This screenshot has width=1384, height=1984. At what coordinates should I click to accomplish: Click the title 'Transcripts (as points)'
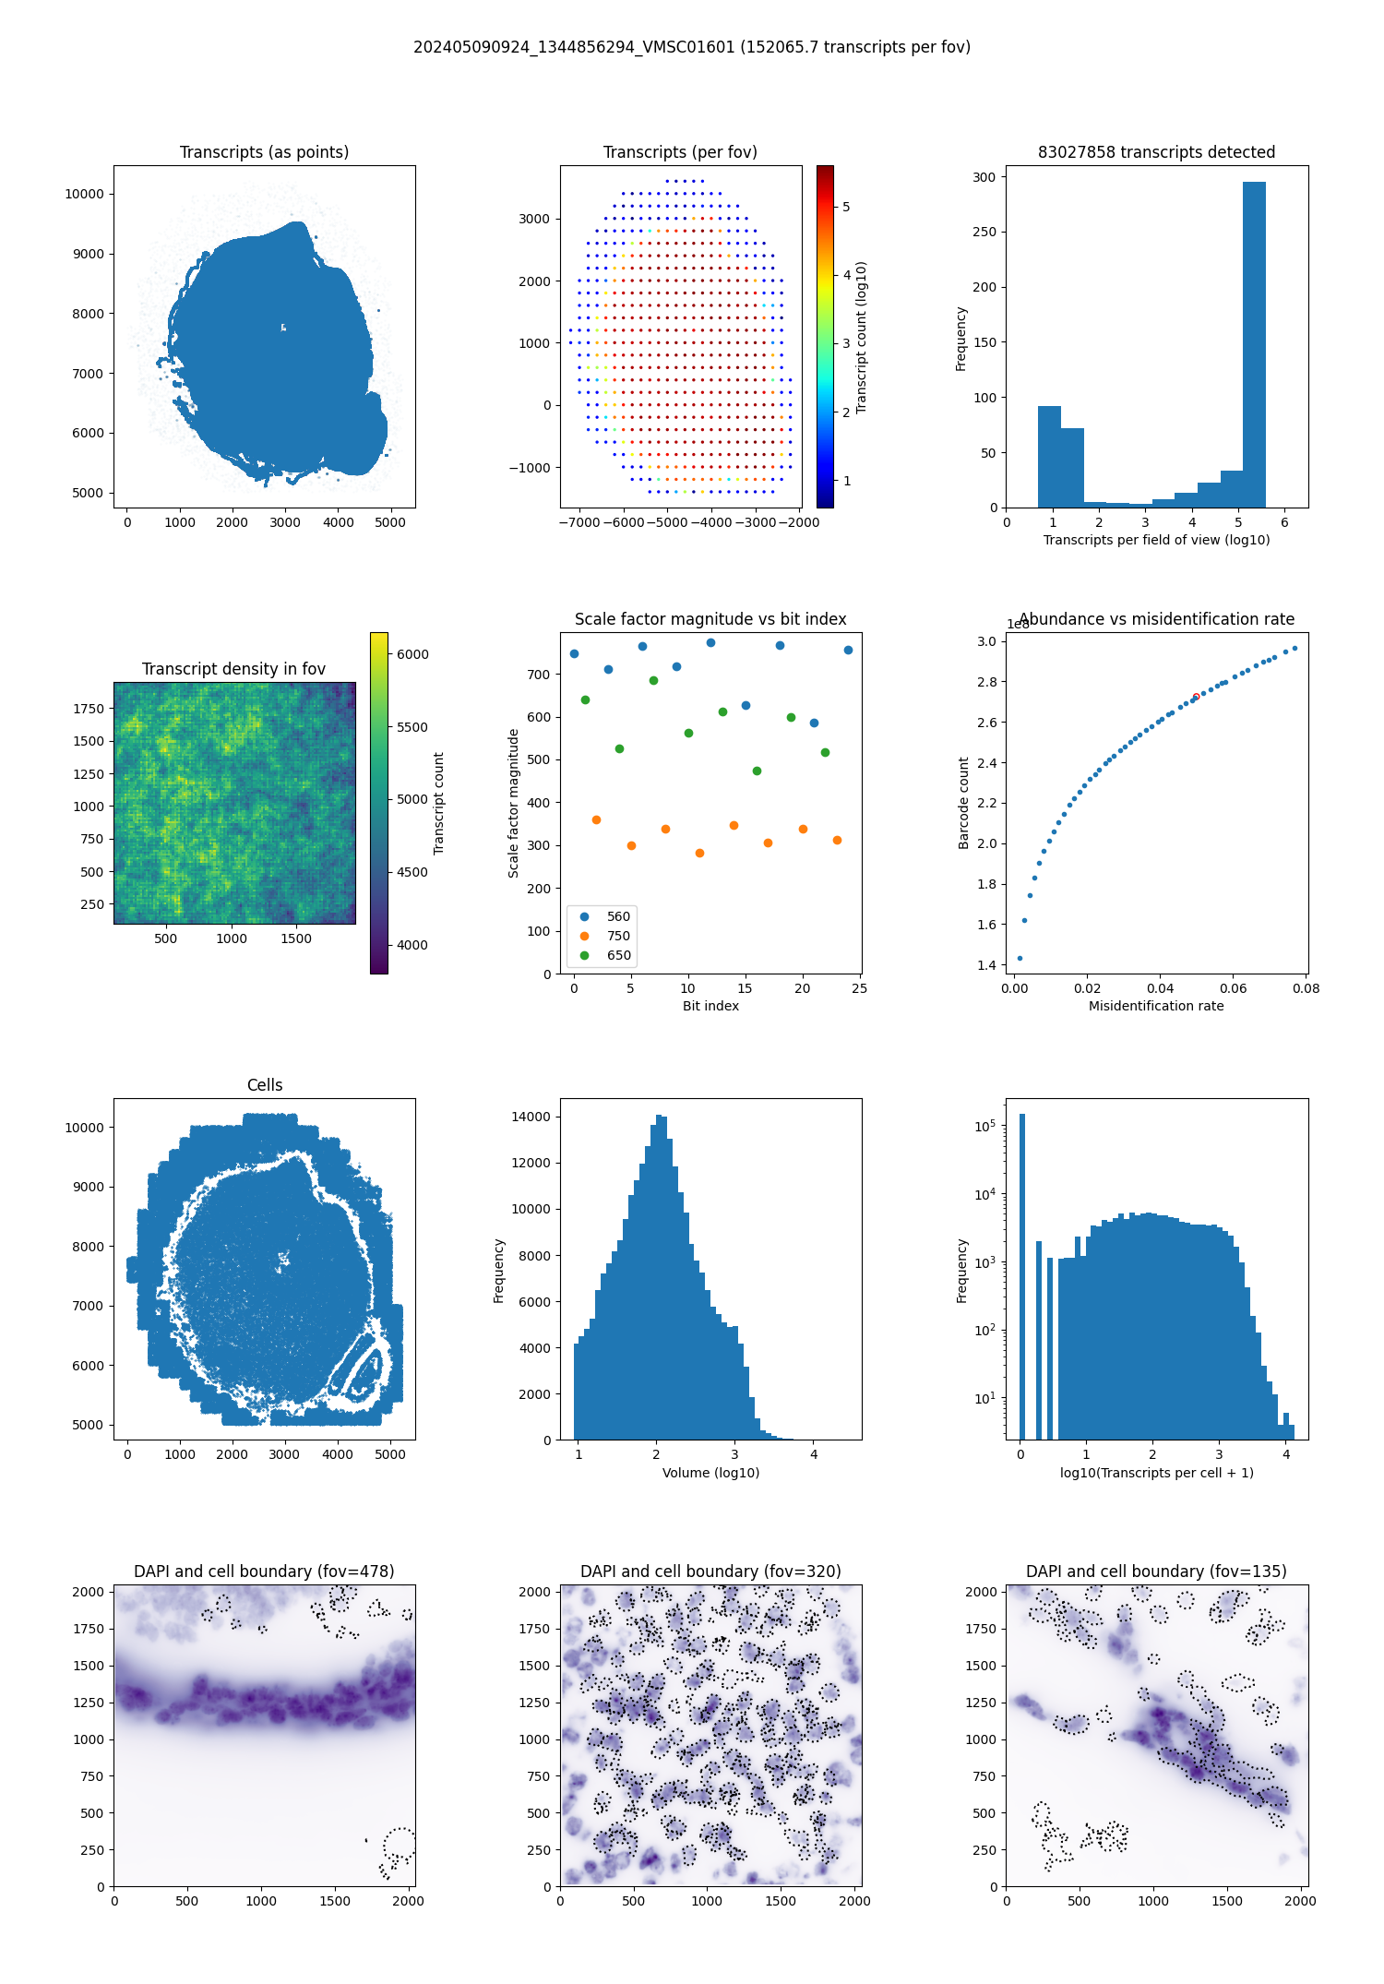tap(264, 152)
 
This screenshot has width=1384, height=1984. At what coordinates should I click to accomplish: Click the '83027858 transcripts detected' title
tap(1156, 152)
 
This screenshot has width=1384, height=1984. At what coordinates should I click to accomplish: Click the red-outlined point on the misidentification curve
tap(1196, 697)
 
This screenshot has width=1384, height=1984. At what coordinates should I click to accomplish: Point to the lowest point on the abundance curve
tap(1020, 958)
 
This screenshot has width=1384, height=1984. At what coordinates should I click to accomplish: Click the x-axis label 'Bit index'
tap(710, 1006)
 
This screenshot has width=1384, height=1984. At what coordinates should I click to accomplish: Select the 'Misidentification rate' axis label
tap(1156, 1006)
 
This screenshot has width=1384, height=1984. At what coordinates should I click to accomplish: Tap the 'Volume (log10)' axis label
tap(710, 1473)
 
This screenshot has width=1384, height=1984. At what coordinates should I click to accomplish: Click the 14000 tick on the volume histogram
tap(531, 1117)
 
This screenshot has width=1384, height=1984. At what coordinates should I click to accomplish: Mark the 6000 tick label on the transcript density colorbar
tap(412, 654)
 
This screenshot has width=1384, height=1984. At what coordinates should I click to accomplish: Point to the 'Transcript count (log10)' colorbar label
tap(862, 337)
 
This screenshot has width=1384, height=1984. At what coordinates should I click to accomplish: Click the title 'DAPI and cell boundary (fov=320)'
tap(710, 1572)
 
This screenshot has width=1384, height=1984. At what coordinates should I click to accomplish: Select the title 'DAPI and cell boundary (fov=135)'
tap(1156, 1572)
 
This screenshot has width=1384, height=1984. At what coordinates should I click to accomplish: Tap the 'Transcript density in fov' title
tap(233, 669)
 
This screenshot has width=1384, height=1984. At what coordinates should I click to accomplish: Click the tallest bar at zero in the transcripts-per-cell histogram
tap(1021, 1273)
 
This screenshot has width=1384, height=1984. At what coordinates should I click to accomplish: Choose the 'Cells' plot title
tap(265, 1085)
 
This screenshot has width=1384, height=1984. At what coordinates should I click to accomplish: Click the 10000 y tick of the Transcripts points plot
tap(84, 194)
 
